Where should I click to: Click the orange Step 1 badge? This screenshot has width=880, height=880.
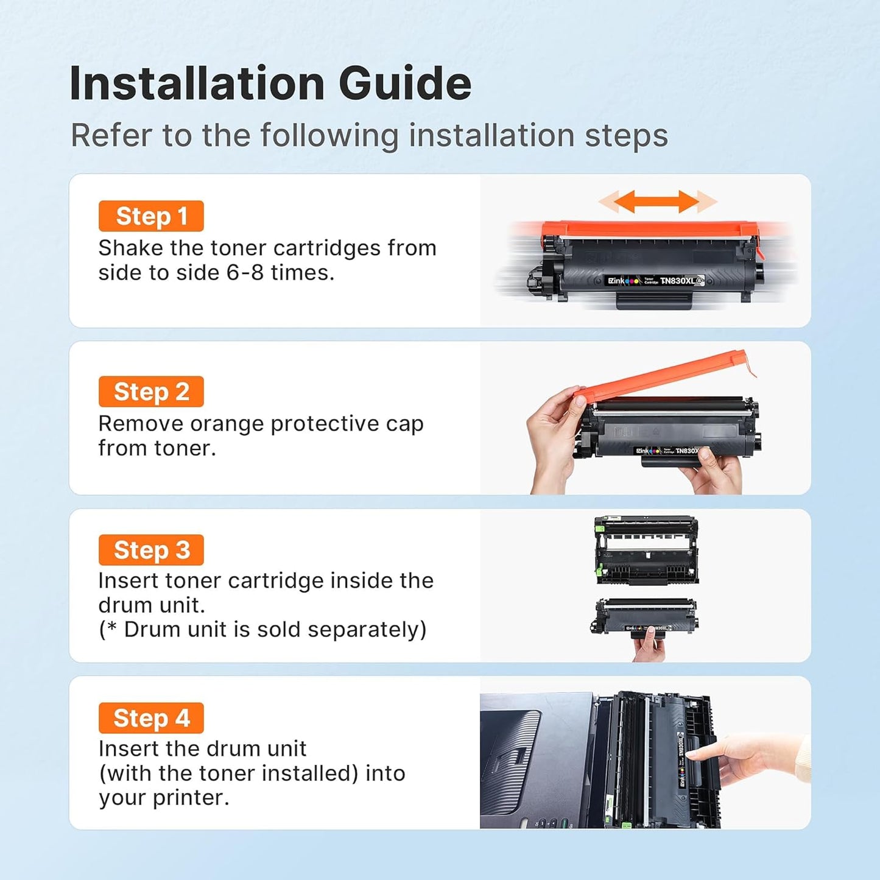coord(151,216)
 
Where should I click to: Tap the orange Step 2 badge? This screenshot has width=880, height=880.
coord(151,392)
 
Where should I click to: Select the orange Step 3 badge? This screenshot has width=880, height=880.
coord(151,550)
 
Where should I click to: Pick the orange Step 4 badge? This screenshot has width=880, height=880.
coord(151,718)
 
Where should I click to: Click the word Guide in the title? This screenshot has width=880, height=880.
coord(405,83)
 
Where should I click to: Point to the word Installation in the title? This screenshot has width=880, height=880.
coord(197,83)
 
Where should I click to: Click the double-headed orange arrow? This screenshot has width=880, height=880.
coord(657,202)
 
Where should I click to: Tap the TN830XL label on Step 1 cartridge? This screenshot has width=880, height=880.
coord(677,281)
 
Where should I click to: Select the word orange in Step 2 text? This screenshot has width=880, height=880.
coord(233,424)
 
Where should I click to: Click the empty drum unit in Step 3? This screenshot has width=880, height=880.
coord(646,550)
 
